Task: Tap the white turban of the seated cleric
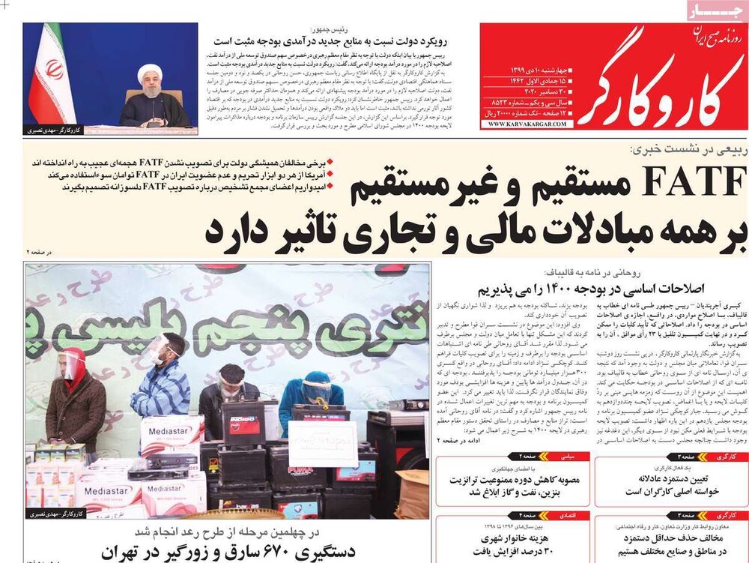tap(150, 71)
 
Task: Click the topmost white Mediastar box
tap(172, 433)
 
